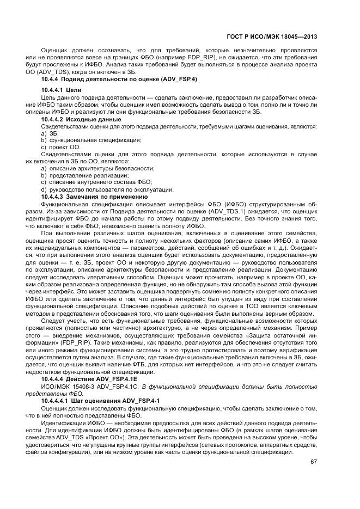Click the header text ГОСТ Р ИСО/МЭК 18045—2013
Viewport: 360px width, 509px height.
click(272, 37)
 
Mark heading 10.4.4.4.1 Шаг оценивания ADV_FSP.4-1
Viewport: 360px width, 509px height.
click(100, 401)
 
